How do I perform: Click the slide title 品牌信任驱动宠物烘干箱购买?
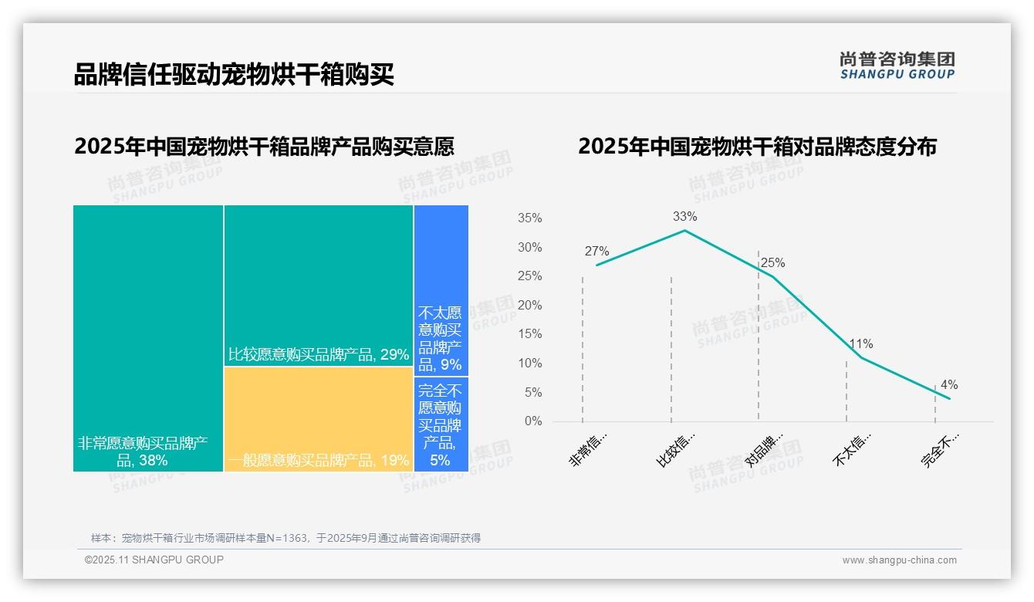[x=234, y=75]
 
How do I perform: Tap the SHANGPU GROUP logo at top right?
[x=897, y=66]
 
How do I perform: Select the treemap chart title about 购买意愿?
[x=264, y=146]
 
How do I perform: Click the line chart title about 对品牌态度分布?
[x=757, y=146]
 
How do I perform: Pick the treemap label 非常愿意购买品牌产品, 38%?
[x=143, y=452]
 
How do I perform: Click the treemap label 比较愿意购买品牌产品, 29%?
[x=318, y=355]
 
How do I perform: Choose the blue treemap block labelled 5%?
[x=441, y=424]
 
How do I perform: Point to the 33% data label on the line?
[x=684, y=217]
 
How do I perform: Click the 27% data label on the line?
[x=596, y=252]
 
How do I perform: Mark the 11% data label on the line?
[x=861, y=344]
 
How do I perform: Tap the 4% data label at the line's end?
[x=949, y=385]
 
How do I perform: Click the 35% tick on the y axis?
[x=529, y=218]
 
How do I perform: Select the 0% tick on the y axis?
[x=533, y=421]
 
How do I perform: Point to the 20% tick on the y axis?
[x=529, y=306]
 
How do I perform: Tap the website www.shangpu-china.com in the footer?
[x=899, y=560]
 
